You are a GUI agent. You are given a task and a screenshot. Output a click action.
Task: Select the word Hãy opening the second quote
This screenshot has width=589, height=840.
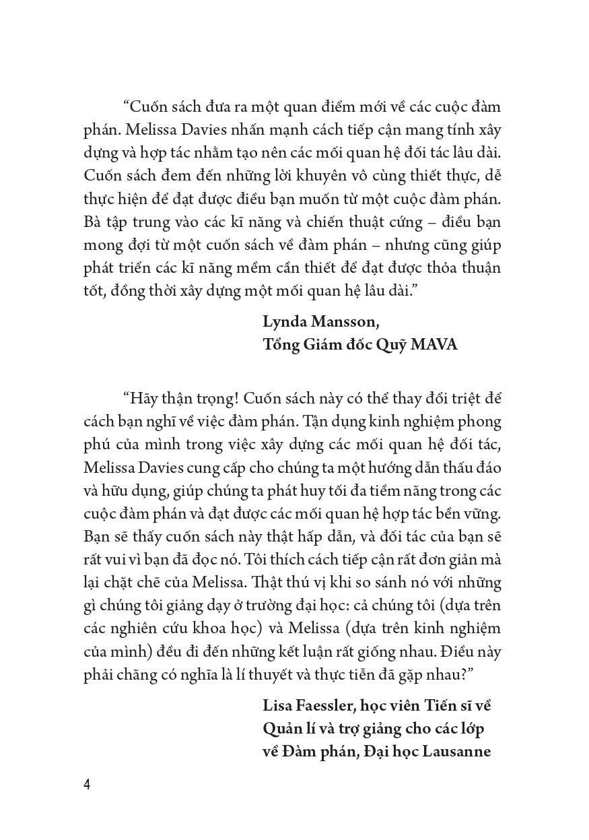(141, 397)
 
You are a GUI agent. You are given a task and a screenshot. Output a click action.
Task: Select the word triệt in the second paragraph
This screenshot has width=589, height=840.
(448, 397)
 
